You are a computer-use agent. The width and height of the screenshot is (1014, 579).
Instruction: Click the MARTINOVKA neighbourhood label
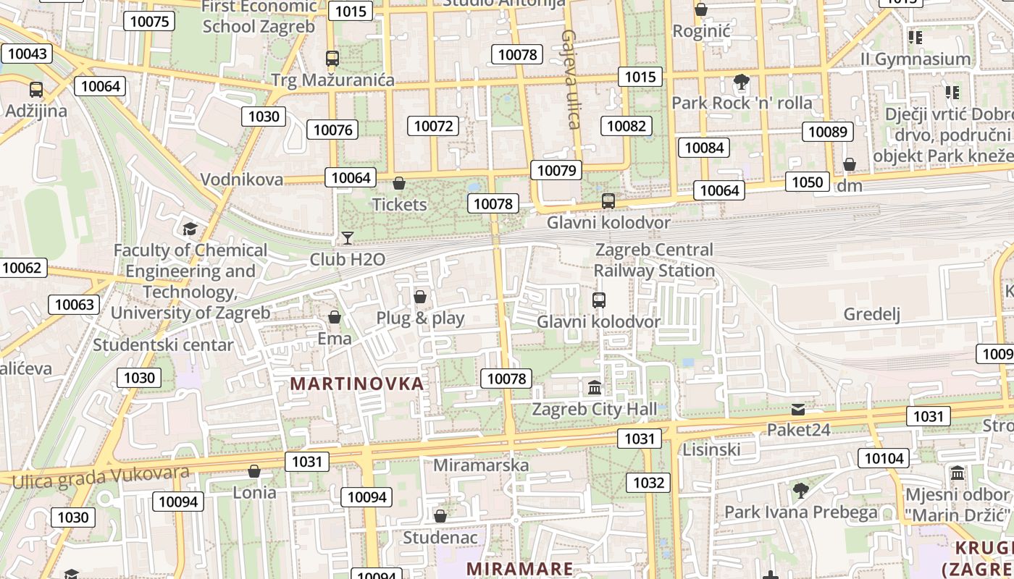tap(356, 384)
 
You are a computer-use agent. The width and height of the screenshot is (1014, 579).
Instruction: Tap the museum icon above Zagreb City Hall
tap(595, 388)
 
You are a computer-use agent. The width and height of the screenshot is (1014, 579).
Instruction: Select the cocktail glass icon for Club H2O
tap(348, 238)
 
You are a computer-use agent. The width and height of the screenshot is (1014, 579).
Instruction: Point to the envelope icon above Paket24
tap(797, 410)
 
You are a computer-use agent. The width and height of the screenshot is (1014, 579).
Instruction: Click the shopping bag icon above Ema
tap(335, 317)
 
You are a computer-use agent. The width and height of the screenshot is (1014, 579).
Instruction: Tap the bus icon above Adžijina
tap(35, 90)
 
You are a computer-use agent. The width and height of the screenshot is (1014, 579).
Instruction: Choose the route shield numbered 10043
tap(28, 54)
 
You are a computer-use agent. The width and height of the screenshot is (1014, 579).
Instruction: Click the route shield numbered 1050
tap(806, 182)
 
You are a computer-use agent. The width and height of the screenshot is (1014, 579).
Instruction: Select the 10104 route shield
tap(884, 458)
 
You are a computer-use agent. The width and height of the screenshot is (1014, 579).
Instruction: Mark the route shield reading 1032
tap(648, 483)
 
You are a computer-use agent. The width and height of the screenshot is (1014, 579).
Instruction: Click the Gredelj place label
tap(871, 314)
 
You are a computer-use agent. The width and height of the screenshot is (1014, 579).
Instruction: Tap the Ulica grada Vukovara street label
tap(101, 477)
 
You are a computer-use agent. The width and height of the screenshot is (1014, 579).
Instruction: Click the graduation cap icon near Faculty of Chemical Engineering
tap(190, 229)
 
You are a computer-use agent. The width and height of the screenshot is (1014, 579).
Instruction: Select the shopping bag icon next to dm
tap(850, 165)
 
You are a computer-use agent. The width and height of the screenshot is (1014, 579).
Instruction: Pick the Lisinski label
tap(711, 449)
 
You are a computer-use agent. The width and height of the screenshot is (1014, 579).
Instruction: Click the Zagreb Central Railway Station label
tap(654, 260)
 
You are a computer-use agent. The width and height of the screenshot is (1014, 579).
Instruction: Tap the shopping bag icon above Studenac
tap(440, 516)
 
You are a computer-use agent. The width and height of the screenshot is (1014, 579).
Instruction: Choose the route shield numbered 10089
tap(827, 132)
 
